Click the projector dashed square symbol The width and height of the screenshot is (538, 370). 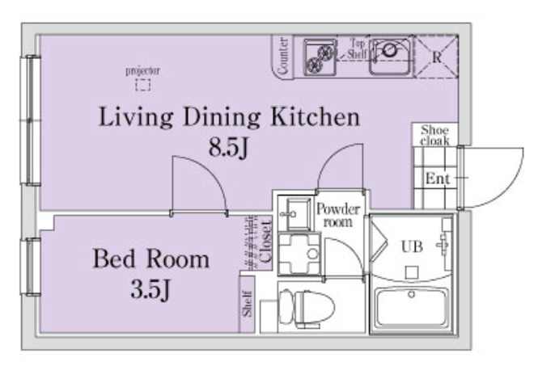[x=142, y=85]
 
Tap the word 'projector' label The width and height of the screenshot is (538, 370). [x=142, y=71]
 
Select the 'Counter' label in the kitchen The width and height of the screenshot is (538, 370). [x=283, y=57]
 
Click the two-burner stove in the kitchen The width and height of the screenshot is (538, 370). [x=320, y=57]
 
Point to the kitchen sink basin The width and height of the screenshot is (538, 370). [x=390, y=56]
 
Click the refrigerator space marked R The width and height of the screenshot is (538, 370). [x=437, y=57]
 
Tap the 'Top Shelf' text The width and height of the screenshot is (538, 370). [x=357, y=48]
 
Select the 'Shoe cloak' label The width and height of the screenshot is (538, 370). [x=434, y=136]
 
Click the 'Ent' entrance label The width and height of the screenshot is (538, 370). [x=437, y=179]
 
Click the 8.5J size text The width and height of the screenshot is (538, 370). [x=228, y=149]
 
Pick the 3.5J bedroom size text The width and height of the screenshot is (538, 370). [x=150, y=290]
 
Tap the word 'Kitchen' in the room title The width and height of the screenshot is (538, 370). [x=316, y=116]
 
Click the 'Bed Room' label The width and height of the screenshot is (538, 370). [x=151, y=259]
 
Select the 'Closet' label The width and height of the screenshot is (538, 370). [x=266, y=242]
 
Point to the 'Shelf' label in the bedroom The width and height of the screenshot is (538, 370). [x=247, y=304]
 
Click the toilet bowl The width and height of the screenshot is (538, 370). [x=307, y=307]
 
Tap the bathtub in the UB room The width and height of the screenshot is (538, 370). [x=412, y=307]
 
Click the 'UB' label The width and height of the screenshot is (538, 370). [x=412, y=246]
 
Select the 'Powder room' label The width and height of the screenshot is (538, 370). [x=338, y=215]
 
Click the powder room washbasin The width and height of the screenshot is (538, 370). [x=295, y=214]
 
